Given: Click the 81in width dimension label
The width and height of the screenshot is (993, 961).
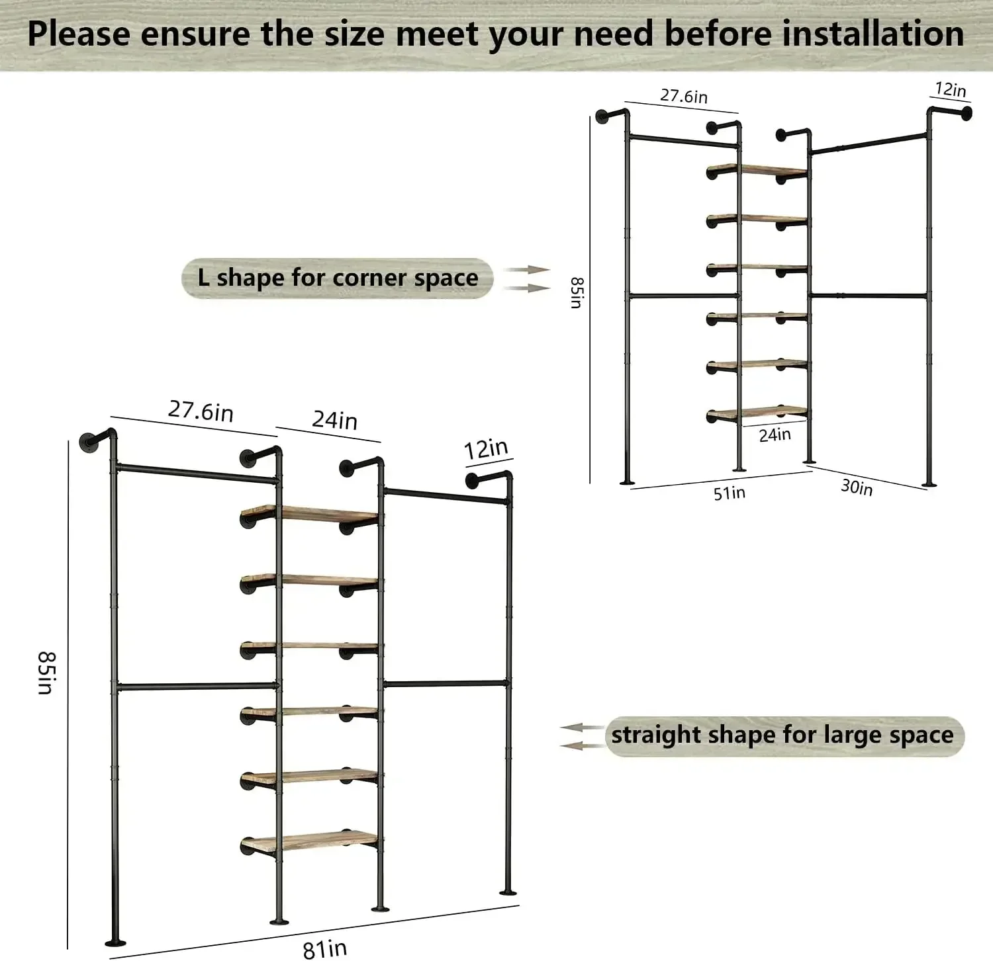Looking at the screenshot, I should (324, 948).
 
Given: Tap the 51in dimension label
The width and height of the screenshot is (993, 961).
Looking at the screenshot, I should (729, 493).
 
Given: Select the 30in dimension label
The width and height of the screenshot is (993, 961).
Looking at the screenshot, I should (857, 487).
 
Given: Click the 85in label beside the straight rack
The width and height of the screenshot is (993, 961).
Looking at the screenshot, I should (46, 672).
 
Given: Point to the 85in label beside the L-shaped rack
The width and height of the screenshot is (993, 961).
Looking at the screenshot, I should (576, 292).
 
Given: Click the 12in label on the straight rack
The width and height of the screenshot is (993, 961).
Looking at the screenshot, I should (485, 449).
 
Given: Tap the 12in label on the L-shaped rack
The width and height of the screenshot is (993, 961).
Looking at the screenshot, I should (950, 89).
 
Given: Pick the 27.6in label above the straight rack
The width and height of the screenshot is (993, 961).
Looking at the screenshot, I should (201, 411).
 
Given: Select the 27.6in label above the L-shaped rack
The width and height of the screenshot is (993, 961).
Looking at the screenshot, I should (683, 96).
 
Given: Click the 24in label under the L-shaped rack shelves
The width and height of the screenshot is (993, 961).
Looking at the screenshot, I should (775, 435).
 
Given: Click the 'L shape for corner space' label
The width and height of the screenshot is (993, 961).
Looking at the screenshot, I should (338, 278).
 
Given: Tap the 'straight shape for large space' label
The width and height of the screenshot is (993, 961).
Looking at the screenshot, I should (782, 735).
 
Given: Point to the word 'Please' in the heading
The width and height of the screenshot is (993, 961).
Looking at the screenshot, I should (79, 34).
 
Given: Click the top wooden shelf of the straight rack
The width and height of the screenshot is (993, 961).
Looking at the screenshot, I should (311, 513).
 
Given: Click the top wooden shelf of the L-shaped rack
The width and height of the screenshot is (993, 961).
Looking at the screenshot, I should (758, 170).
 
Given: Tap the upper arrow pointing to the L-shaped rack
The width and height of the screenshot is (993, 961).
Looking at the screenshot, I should (526, 270).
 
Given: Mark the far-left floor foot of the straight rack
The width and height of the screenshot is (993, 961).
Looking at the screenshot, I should (115, 942).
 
